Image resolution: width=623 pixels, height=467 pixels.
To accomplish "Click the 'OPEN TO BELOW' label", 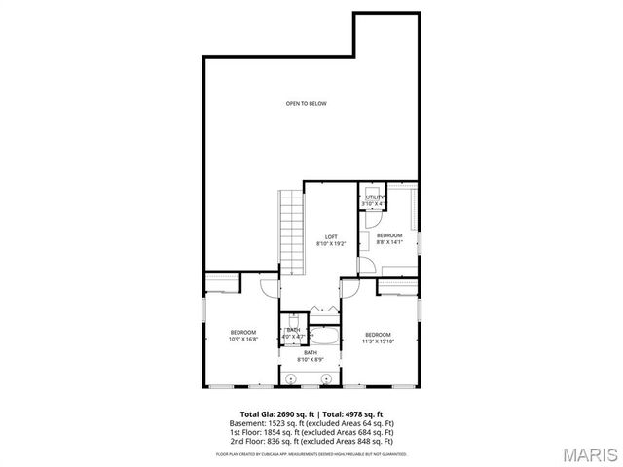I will [x=306, y=103].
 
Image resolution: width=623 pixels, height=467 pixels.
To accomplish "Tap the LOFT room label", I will [x=331, y=237].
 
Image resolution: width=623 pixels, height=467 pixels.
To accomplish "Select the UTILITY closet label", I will [x=375, y=198].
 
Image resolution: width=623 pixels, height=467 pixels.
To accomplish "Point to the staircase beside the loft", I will [x=291, y=220].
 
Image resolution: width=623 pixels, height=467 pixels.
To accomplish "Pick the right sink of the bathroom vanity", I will [x=327, y=377].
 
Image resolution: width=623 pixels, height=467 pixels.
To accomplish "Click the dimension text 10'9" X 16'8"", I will [x=242, y=340].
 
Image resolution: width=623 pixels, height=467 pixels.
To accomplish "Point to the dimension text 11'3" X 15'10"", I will [x=378, y=340].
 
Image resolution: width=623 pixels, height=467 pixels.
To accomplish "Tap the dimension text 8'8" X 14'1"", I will [x=389, y=242].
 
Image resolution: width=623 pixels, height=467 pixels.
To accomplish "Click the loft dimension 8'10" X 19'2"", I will [x=331, y=244].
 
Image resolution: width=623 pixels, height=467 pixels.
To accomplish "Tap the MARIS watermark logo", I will [x=584, y=452].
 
